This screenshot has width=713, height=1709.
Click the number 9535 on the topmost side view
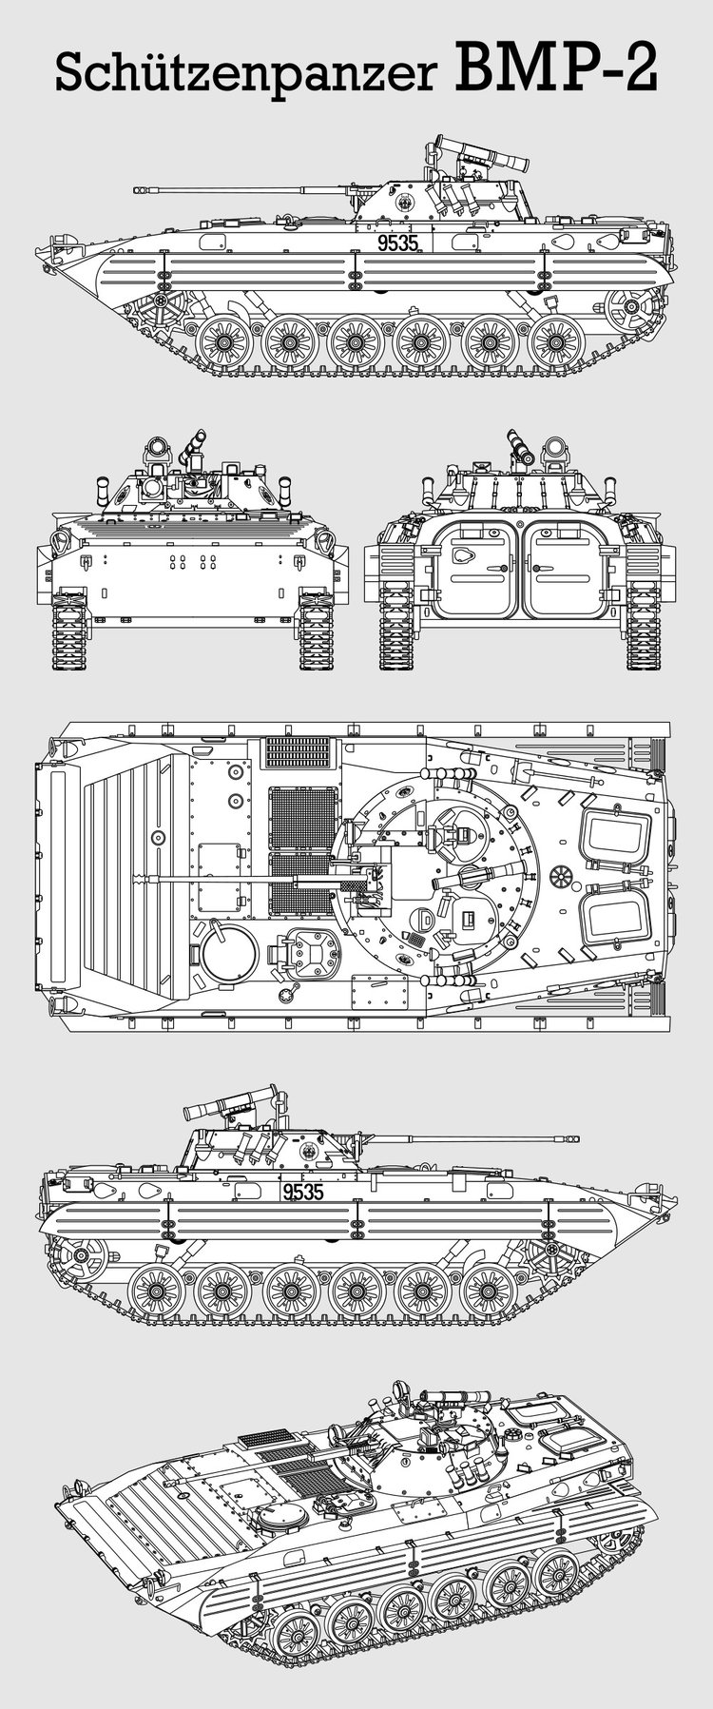point(397,243)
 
